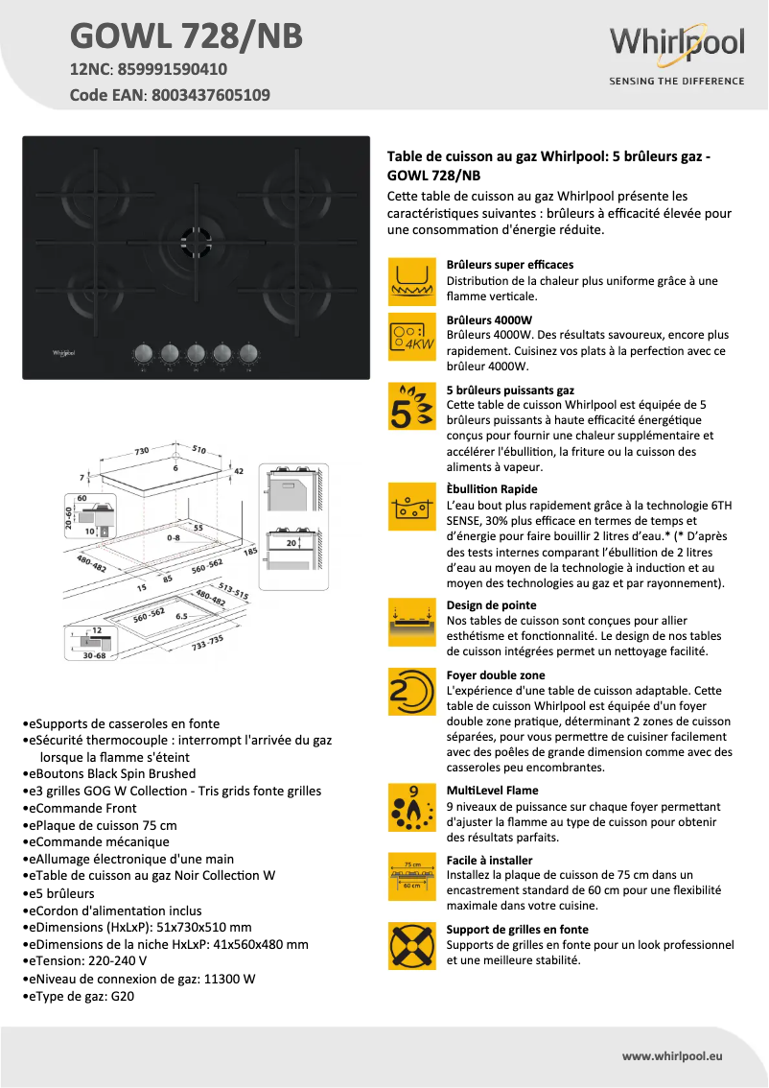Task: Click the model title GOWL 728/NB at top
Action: click(x=186, y=35)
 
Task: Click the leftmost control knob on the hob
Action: click(x=143, y=354)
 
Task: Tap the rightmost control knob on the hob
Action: click(x=249, y=354)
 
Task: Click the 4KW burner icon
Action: click(x=412, y=337)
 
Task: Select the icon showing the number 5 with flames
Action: click(x=412, y=407)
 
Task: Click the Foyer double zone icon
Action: click(x=412, y=692)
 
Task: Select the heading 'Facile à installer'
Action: click(x=489, y=861)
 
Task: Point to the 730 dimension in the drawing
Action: click(x=142, y=450)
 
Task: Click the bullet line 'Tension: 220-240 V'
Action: click(x=88, y=962)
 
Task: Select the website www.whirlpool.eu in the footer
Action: click(x=672, y=1055)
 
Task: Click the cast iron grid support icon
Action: click(x=412, y=945)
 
